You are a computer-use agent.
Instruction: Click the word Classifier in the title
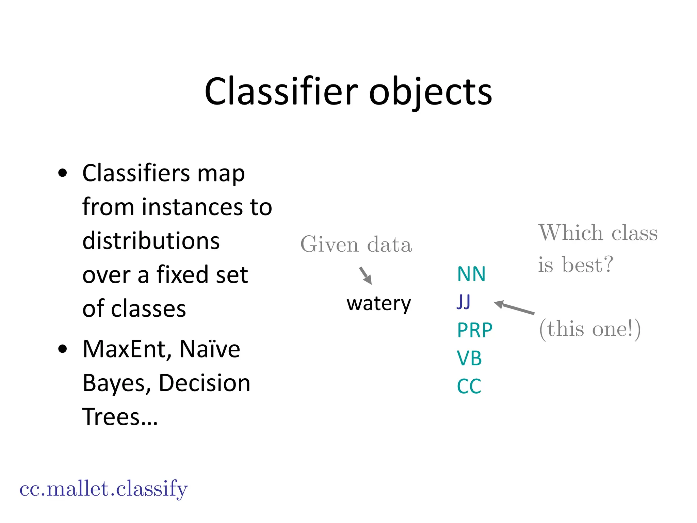click(x=281, y=91)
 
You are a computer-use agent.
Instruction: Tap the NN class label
click(x=471, y=274)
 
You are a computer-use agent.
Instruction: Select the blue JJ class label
click(x=464, y=302)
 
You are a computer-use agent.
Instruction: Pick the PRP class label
click(x=474, y=330)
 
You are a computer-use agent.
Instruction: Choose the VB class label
click(x=469, y=358)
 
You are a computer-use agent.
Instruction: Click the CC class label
click(x=469, y=386)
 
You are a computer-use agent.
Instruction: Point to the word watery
click(x=378, y=303)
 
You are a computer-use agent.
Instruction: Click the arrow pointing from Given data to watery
click(x=366, y=275)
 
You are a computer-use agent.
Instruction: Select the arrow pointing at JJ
click(x=514, y=307)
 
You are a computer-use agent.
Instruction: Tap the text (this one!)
click(x=590, y=329)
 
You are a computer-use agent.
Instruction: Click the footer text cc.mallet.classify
click(x=103, y=489)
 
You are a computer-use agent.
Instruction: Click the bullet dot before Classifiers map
click(x=63, y=173)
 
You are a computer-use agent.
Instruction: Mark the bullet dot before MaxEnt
click(x=63, y=349)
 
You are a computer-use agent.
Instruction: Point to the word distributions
click(x=151, y=241)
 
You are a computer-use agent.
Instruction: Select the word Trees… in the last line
click(x=120, y=417)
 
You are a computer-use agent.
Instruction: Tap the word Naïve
click(x=210, y=349)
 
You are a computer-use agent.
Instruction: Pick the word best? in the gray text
click(x=587, y=265)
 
